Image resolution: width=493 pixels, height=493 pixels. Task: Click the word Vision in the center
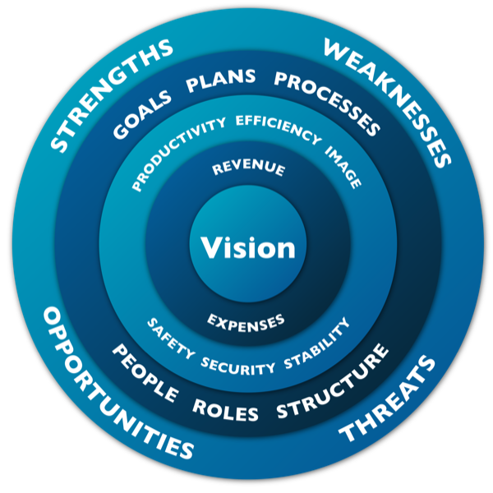tap(247, 247)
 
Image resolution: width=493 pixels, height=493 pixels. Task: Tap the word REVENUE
tap(248, 169)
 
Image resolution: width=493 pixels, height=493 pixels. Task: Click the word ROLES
tap(225, 408)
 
